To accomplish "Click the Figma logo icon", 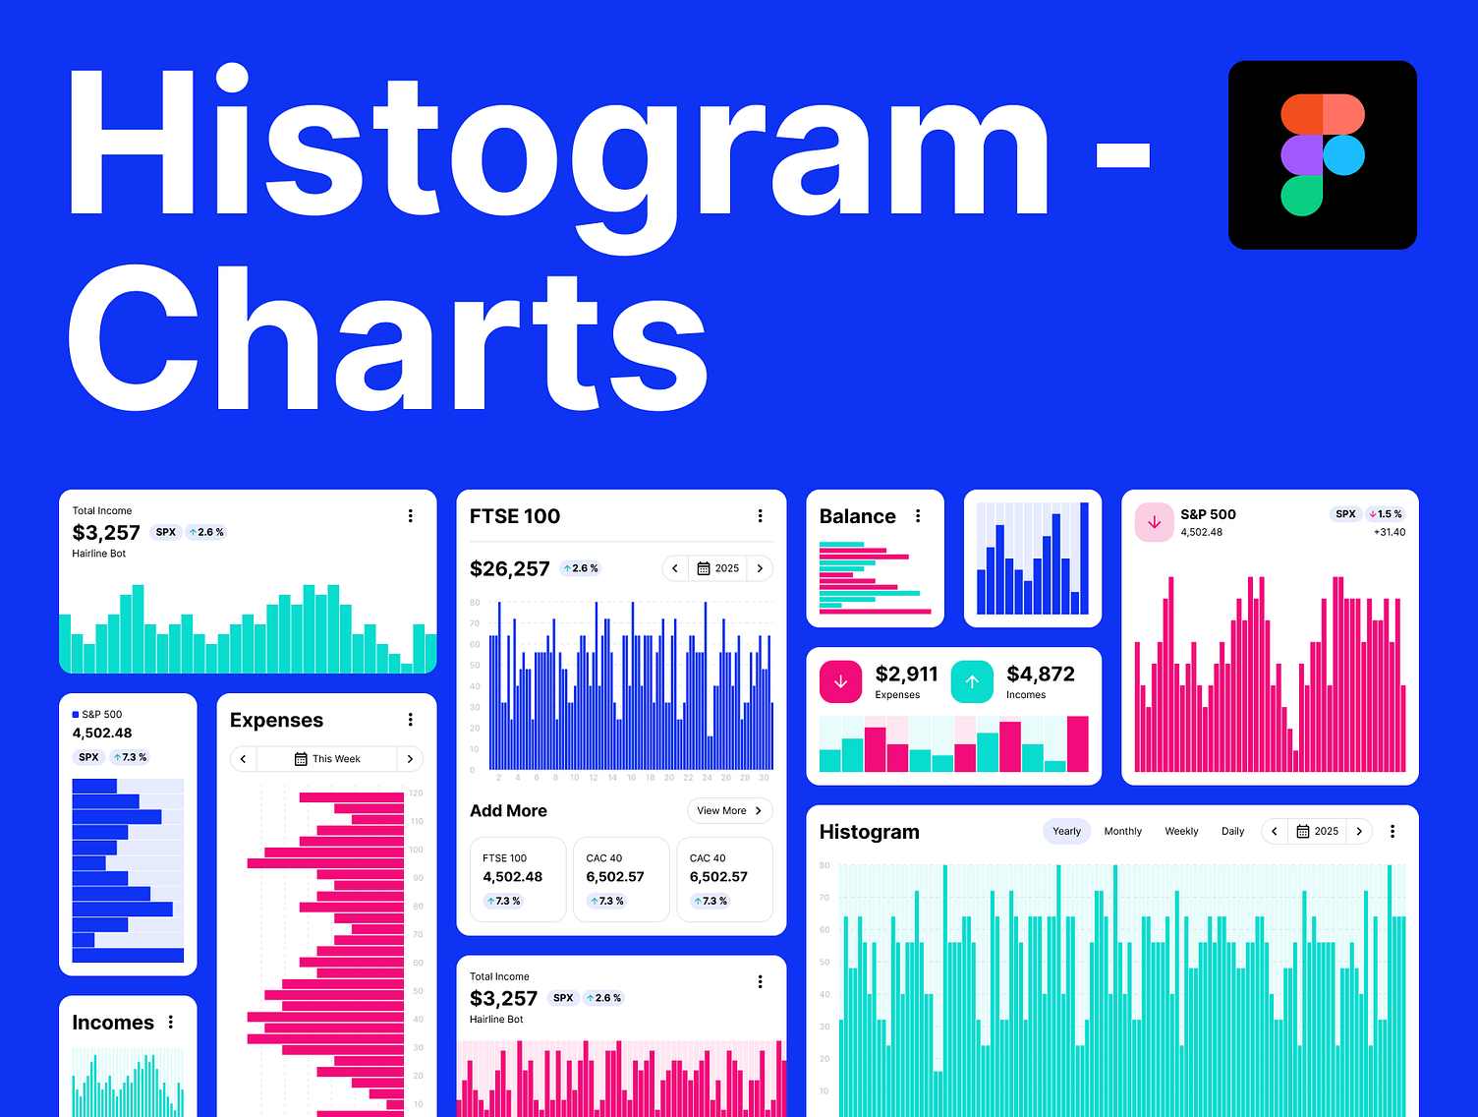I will (x=1323, y=154).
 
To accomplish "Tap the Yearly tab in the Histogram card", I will (x=1066, y=831).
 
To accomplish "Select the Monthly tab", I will (x=1122, y=831).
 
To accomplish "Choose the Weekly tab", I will (x=1181, y=831).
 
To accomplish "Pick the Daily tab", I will (x=1232, y=831).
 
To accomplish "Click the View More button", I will (x=729, y=810).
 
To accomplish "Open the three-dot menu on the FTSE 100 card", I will (x=760, y=516).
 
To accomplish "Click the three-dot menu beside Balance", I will (x=918, y=516).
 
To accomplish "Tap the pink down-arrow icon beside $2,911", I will (x=841, y=682).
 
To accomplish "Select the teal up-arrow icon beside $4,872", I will (x=972, y=682).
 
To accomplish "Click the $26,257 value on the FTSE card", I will (x=509, y=568).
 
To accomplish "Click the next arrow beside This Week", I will (x=410, y=759).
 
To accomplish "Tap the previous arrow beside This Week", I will (x=244, y=759).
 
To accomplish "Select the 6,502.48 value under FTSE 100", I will (x=512, y=877).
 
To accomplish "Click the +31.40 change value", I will (x=1389, y=532).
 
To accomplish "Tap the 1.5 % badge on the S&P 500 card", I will (x=1386, y=514).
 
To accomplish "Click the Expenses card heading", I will (x=276, y=720).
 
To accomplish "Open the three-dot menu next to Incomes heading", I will (x=171, y=1023).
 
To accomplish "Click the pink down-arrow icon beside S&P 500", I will (x=1154, y=522).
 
